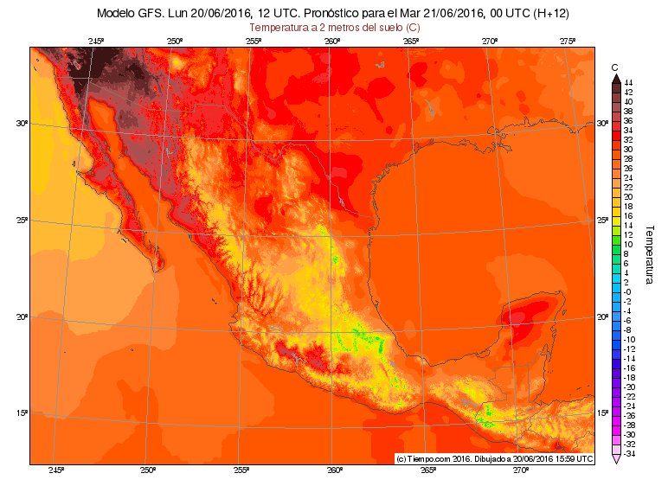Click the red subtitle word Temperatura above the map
tap(276, 28)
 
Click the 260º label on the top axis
tap(332, 42)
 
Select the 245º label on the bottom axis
tap(56, 470)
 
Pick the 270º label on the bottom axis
tap(519, 470)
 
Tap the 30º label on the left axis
tap(22, 124)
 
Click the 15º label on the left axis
tap(22, 412)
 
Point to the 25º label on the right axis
tap(601, 221)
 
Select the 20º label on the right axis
tap(601, 317)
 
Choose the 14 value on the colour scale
tap(627, 224)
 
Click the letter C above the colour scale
tap(615, 67)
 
